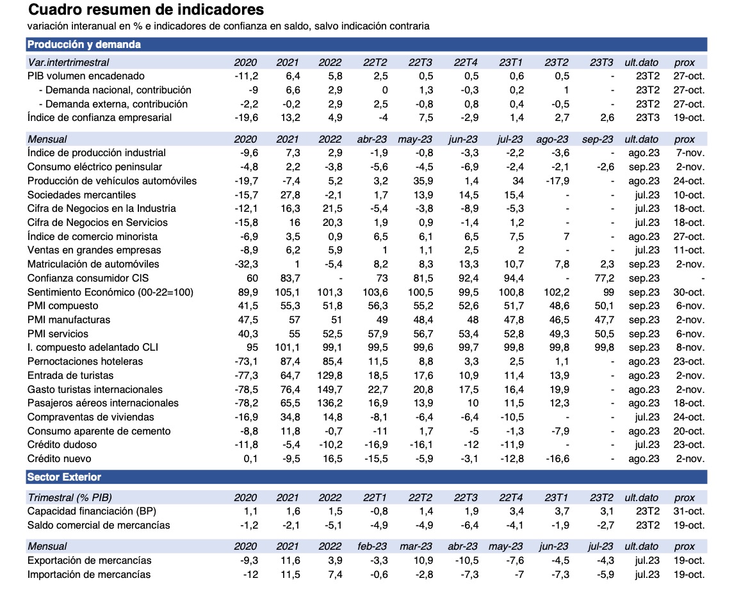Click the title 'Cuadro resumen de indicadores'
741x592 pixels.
click(x=137, y=10)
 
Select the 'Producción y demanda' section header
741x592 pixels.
click(x=84, y=44)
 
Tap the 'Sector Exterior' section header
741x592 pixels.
click(x=64, y=477)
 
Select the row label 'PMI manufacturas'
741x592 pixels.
click(x=69, y=319)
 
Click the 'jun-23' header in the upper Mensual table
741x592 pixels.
click(x=462, y=139)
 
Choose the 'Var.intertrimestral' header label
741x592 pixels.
click(x=69, y=62)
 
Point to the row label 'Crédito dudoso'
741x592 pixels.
click(x=62, y=444)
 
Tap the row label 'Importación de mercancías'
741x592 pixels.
click(x=89, y=574)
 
